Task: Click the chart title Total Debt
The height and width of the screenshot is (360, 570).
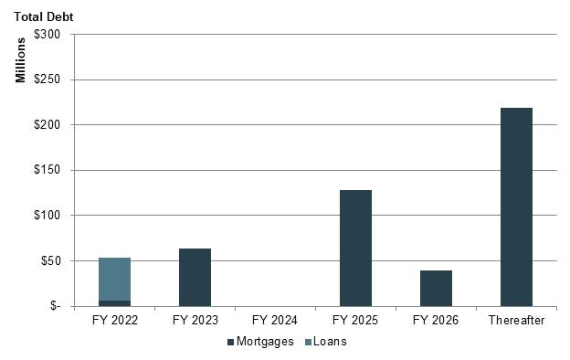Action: [44, 16]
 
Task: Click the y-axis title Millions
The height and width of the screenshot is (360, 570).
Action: [20, 60]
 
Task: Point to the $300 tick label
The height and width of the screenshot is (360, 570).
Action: [47, 34]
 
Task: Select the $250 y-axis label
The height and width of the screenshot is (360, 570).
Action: [47, 79]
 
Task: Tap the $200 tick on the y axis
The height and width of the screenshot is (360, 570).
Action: [47, 125]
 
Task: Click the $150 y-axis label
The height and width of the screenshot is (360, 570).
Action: [47, 170]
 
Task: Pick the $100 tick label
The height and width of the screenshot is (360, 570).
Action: [47, 216]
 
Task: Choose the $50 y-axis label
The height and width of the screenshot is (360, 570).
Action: [50, 260]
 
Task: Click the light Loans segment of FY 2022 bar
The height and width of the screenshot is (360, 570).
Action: [114, 280]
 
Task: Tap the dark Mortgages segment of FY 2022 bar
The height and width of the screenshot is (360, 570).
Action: [114, 303]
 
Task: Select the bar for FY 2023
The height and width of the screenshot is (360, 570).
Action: [195, 278]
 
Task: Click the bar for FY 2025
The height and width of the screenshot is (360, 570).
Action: [355, 248]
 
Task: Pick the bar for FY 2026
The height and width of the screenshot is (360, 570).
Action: [436, 289]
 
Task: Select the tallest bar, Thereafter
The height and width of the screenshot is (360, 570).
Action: [516, 206]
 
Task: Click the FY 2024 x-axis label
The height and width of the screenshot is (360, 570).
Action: [275, 321]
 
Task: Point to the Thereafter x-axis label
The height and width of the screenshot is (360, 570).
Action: [516, 321]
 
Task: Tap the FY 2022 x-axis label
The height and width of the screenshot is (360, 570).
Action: [115, 321]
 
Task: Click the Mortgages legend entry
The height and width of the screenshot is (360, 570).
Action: [260, 342]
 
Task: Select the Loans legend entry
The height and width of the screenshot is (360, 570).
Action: [326, 342]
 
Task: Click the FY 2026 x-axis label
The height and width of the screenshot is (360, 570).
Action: [436, 321]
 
